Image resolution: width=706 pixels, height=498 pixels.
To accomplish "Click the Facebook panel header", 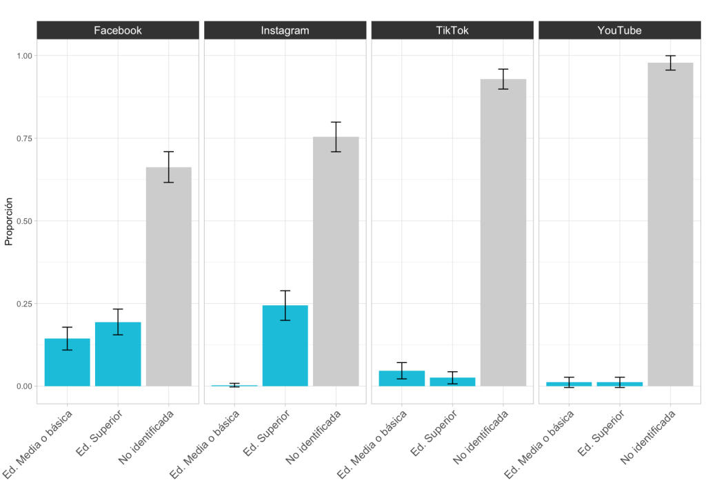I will point(117,30).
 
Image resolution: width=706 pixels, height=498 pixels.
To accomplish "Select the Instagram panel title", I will point(285,30).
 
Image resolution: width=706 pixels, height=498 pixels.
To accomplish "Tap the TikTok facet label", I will point(452,30).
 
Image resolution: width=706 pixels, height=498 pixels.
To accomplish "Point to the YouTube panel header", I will point(619,30).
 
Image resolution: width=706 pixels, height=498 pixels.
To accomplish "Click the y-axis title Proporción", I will point(9,221).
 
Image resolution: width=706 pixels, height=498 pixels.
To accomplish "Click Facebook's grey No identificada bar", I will point(169,276).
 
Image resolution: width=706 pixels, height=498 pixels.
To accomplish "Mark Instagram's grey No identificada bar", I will point(336,262).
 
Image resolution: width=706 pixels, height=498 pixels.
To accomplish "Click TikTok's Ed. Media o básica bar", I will point(402,378).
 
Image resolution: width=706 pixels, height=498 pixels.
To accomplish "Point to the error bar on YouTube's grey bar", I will point(670,63).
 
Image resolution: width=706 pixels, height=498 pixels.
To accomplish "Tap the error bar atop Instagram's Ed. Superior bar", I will point(285,305).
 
